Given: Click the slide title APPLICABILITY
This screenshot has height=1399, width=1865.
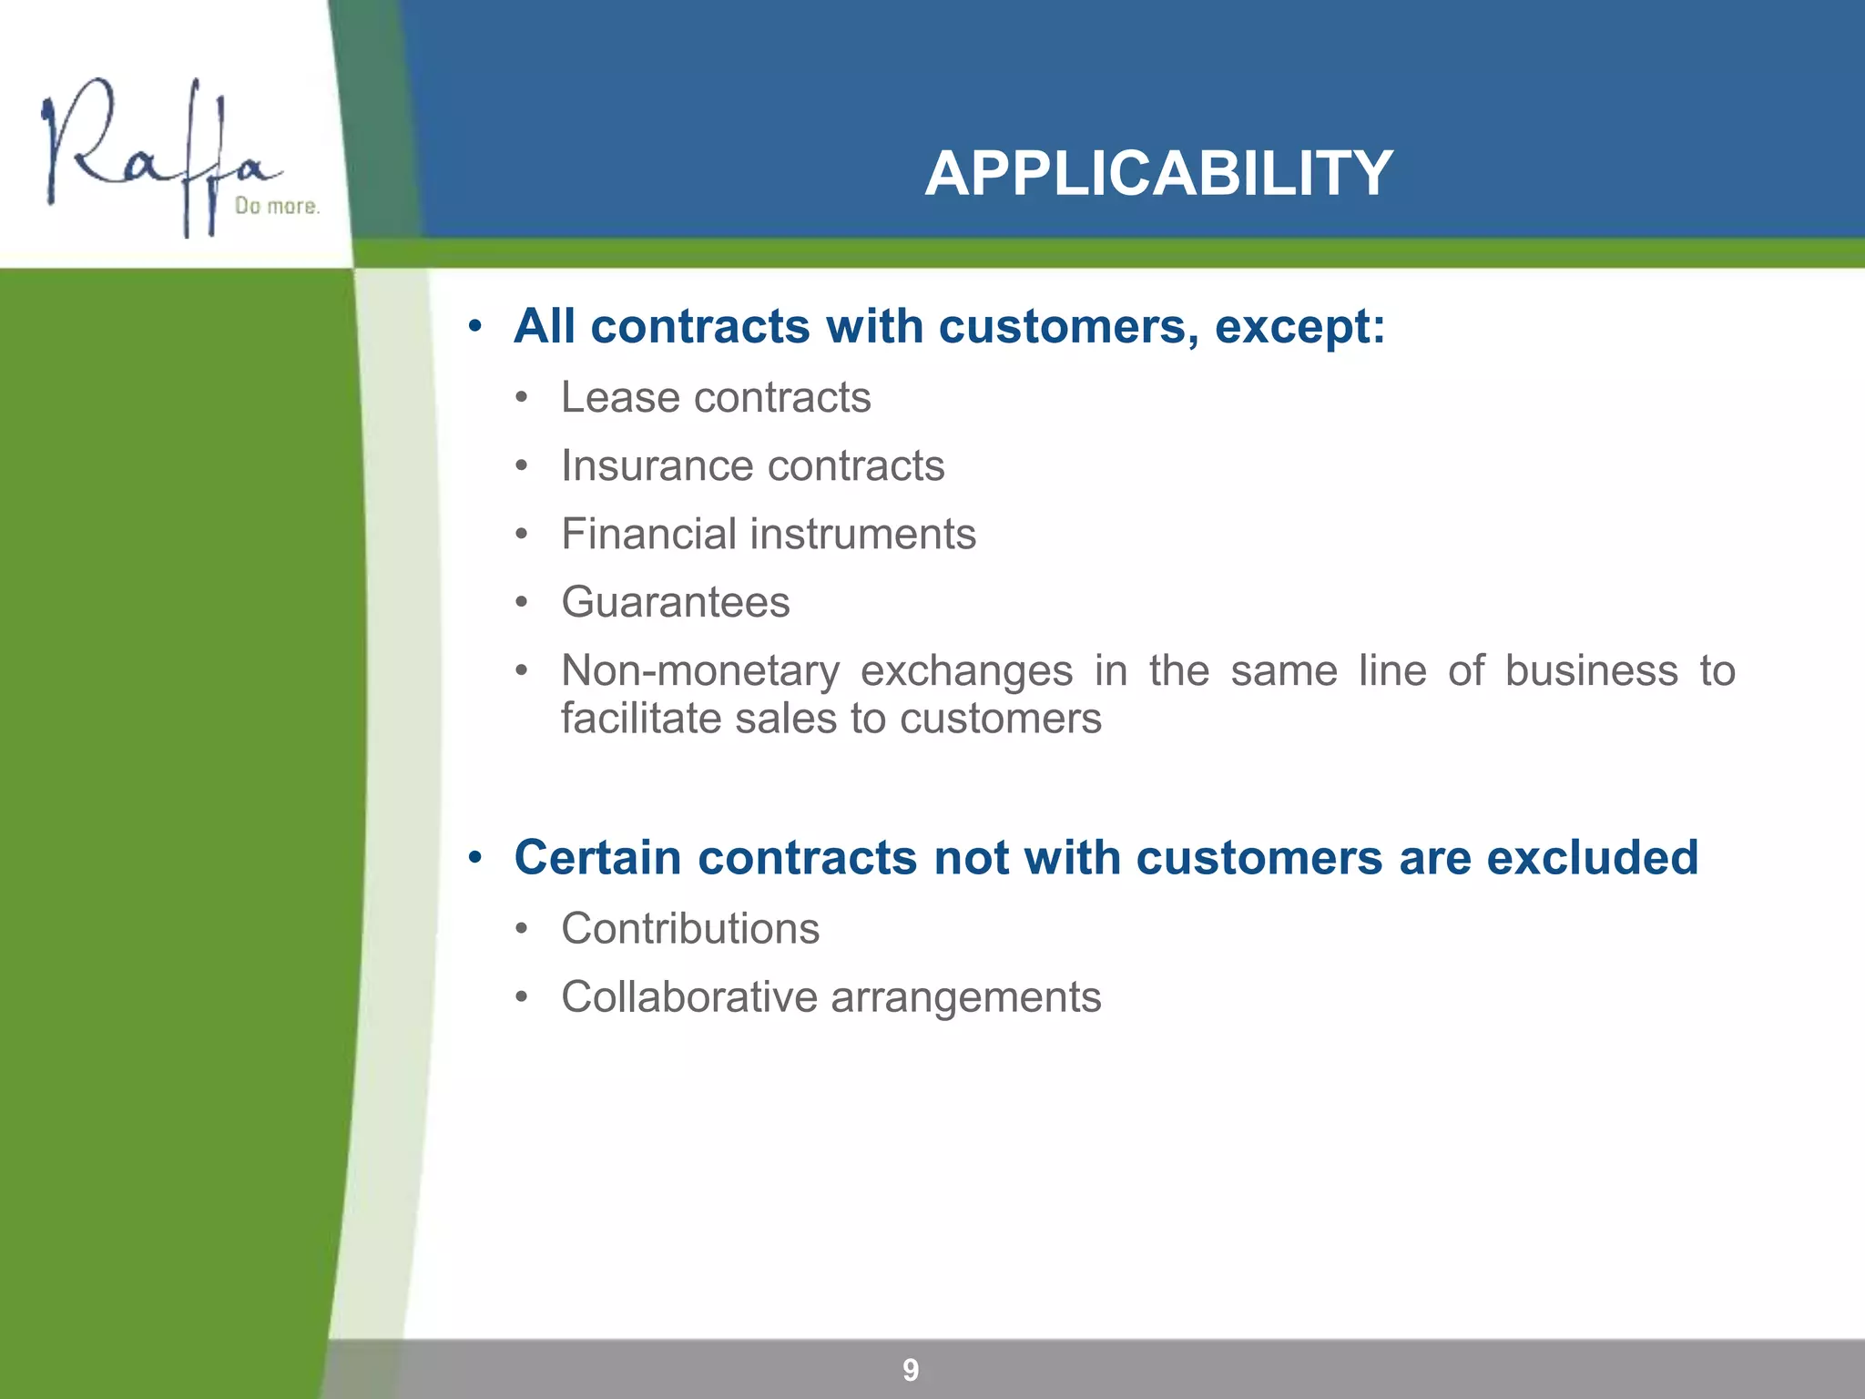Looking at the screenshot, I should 1158,173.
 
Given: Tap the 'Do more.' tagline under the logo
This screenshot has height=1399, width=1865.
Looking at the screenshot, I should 277,207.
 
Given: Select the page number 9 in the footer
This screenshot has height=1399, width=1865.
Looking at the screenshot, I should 911,1370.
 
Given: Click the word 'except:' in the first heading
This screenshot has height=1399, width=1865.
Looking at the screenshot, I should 1299,326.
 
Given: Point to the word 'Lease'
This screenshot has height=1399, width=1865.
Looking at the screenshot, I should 619,397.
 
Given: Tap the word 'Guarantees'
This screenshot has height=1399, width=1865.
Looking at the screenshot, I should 675,602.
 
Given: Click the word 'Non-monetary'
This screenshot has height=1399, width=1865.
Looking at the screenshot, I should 700,671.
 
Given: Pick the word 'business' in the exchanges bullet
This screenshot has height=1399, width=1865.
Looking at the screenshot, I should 1591,671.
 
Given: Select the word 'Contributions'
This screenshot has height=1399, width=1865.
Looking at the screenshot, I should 690,929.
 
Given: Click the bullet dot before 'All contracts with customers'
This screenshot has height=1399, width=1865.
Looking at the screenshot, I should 474,327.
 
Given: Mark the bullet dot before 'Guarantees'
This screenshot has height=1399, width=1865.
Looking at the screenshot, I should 521,603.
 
